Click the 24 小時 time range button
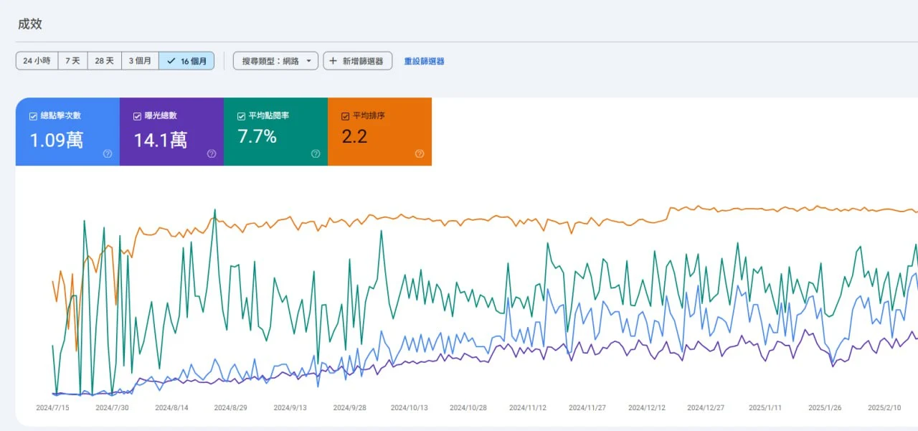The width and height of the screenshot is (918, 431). pos(37,61)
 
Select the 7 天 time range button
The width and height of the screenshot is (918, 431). pos(72,61)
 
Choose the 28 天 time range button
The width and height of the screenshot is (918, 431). pos(104,61)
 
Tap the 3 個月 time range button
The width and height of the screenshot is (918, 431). pos(140,61)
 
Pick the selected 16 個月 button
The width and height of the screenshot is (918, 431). pos(186,61)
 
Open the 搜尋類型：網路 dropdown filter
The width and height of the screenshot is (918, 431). pos(275,61)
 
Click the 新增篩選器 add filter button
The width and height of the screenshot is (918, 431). pos(357,61)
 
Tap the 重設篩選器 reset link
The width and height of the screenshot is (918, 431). pos(424,61)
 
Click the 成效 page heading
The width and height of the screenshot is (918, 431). pos(30,24)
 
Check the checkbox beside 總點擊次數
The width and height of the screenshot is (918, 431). pos(33,116)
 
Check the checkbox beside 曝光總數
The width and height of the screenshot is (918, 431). pos(137,116)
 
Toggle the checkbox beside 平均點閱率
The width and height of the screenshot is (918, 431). pos(241,116)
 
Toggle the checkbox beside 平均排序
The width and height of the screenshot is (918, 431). pos(346,116)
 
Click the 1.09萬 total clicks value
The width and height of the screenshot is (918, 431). pos(56,140)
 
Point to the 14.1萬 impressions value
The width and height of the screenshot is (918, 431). pos(161,140)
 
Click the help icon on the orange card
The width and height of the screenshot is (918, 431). pos(420,153)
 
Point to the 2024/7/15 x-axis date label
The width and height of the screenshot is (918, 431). pos(52,407)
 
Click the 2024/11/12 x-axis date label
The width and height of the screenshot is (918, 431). pos(527,407)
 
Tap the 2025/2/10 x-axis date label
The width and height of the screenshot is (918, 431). pos(884,407)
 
